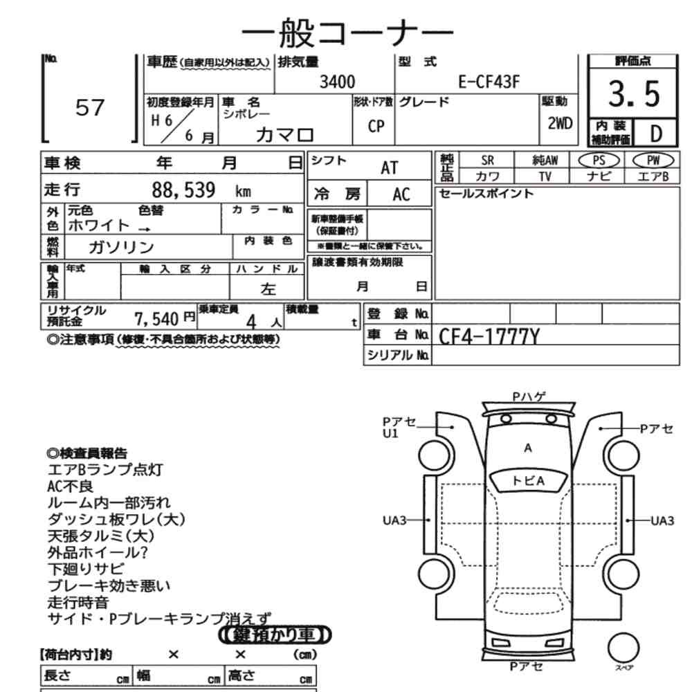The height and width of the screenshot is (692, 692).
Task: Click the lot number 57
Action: [x=89, y=108]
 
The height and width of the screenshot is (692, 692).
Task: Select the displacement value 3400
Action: [x=338, y=83]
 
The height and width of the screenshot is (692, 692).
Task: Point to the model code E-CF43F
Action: [x=490, y=83]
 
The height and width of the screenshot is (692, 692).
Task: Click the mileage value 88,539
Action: [x=183, y=190]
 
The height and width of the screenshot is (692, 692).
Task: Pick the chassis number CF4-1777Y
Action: [x=489, y=337]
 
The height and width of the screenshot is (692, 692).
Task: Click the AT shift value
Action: [x=390, y=167]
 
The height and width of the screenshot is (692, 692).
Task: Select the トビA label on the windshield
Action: [x=528, y=480]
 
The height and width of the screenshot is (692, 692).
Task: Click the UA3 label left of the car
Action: [x=395, y=520]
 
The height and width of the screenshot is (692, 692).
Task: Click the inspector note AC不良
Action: [x=70, y=486]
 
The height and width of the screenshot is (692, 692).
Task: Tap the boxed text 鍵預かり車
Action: [x=275, y=634]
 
